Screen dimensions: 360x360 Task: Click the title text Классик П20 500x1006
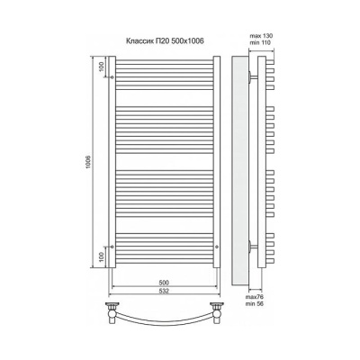click(165, 41)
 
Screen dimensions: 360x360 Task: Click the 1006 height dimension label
click(88, 162)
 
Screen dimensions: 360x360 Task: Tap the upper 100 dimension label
click(102, 66)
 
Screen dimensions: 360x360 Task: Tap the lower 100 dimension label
click(102, 256)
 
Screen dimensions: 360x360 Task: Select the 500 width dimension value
click(164, 283)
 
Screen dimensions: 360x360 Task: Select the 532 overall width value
click(164, 291)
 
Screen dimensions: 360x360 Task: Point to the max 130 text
click(261, 36)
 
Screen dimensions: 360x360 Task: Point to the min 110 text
click(260, 42)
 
